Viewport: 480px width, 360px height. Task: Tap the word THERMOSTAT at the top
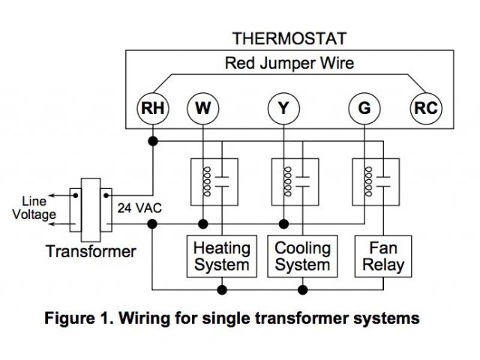click(289, 38)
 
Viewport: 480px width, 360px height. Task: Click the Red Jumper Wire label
click(289, 63)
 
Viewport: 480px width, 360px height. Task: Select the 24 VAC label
click(139, 208)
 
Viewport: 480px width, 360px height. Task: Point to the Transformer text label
click(91, 252)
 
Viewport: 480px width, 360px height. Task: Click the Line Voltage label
click(34, 208)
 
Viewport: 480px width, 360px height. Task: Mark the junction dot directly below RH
click(153, 141)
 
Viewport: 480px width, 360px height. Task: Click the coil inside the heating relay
click(207, 181)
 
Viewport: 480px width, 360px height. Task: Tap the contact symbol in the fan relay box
click(383, 181)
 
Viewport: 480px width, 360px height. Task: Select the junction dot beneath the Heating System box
click(222, 289)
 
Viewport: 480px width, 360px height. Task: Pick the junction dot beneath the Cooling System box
click(302, 289)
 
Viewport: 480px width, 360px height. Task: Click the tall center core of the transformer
click(91, 210)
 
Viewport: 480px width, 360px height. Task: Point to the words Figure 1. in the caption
click(79, 318)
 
